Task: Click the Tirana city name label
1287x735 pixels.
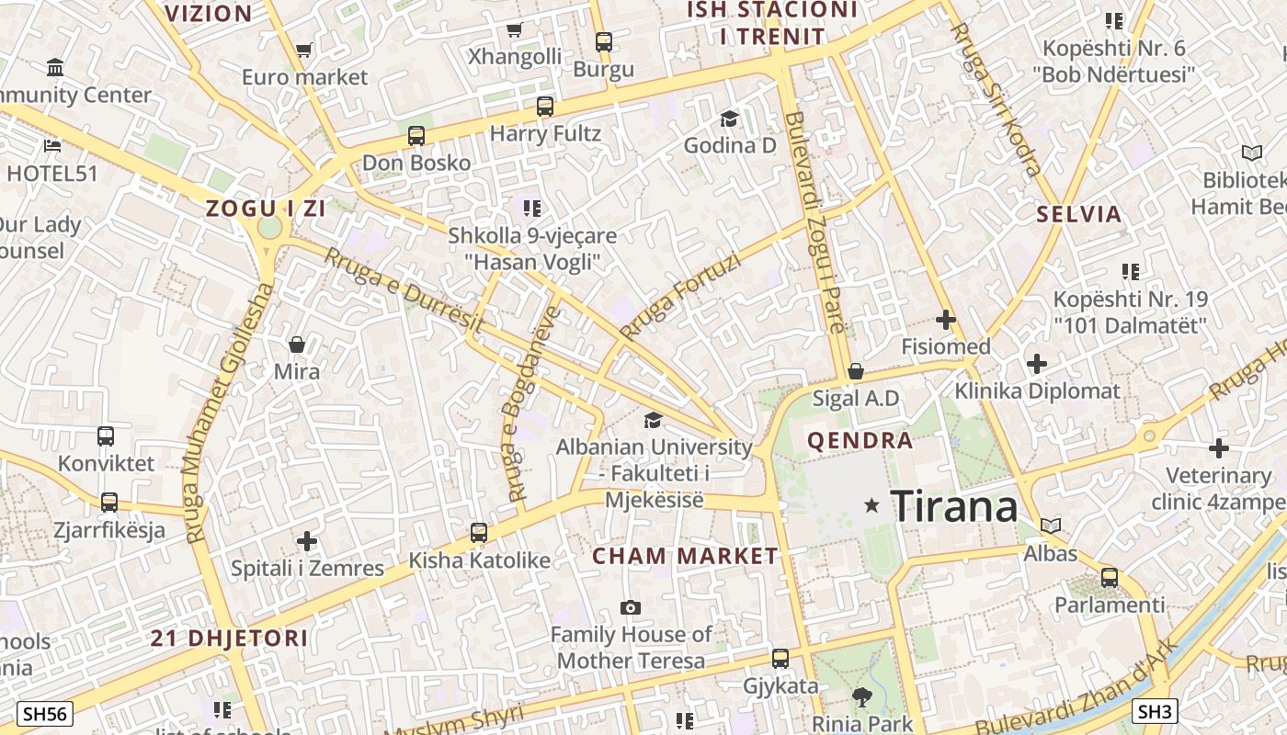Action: (954, 506)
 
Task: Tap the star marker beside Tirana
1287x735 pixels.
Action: (871, 505)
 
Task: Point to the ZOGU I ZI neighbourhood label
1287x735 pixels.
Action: (266, 209)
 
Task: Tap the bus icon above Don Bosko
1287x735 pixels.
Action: (416, 136)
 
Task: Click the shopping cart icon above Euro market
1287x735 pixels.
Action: (303, 51)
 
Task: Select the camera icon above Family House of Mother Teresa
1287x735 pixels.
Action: (631, 607)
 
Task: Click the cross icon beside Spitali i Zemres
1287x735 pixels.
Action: (307, 541)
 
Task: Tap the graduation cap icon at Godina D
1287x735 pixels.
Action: (729, 119)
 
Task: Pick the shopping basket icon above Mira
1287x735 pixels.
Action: (297, 345)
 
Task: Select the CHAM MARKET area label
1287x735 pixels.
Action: (685, 556)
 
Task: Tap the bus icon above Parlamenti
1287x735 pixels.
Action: (1110, 578)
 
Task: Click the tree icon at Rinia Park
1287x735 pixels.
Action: (861, 697)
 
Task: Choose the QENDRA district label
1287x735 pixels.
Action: (860, 441)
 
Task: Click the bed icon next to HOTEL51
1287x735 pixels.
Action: (52, 145)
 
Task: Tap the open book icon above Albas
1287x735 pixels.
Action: (1051, 526)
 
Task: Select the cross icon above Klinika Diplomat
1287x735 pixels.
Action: (1037, 364)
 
